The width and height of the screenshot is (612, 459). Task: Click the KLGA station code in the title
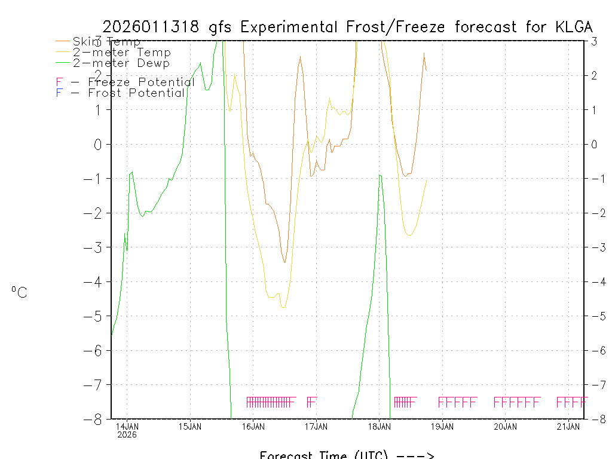573,27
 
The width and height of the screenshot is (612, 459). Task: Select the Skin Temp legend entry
106,42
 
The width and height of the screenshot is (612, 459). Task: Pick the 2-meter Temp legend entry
121,53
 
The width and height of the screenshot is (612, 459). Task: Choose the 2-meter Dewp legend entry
121,63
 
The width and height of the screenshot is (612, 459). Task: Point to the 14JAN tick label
127,426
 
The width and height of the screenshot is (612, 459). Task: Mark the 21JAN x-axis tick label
569,426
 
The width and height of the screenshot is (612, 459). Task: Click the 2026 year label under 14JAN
127,434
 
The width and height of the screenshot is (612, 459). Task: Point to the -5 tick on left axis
94,316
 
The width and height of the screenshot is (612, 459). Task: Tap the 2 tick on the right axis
595,75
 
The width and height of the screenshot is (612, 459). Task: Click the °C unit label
19,292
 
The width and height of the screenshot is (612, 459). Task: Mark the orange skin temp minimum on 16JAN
284,262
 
